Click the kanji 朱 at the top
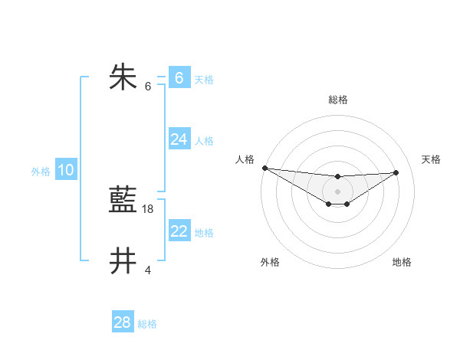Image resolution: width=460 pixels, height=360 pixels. coord(123,77)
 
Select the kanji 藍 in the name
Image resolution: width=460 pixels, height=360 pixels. coord(123,201)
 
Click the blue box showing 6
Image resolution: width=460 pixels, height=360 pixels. coord(179,77)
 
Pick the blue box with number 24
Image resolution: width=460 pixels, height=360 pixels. coord(179,139)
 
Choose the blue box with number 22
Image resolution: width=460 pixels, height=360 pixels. coord(179,231)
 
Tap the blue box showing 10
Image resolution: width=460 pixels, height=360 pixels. coord(66,170)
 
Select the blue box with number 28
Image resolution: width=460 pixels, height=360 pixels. coord(123,322)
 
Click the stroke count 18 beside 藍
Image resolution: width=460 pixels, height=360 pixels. coord(148,208)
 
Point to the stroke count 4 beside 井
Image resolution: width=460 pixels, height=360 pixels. coord(148,270)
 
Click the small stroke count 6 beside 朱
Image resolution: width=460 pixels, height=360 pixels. coord(148,86)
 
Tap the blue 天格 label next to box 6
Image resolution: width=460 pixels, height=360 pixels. coord(204,79)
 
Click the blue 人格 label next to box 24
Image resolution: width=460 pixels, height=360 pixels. coord(204,141)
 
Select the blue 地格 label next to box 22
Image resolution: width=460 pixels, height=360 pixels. coord(204,233)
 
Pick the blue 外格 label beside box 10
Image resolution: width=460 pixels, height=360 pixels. coord(41,172)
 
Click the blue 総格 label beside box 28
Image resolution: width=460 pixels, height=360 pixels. coord(147,324)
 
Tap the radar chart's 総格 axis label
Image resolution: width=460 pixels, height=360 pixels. coord(338,100)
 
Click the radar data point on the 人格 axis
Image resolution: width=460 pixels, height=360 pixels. coord(264,168)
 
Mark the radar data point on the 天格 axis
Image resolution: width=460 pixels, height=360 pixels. coord(396,172)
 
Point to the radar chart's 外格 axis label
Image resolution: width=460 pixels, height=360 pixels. coord(270,262)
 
